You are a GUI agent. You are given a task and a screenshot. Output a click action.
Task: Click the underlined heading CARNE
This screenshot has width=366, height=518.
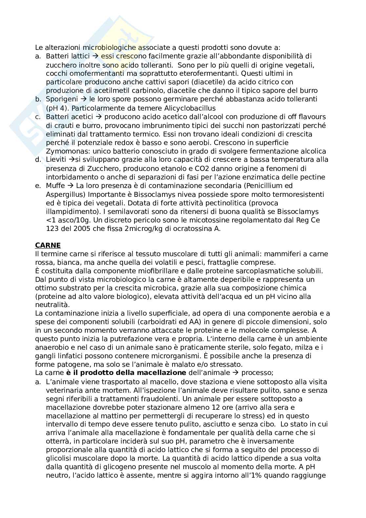48,245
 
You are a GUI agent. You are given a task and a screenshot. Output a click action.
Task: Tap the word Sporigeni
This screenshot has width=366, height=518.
62,99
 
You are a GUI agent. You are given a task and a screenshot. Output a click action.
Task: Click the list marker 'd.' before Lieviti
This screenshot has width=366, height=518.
38,160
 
